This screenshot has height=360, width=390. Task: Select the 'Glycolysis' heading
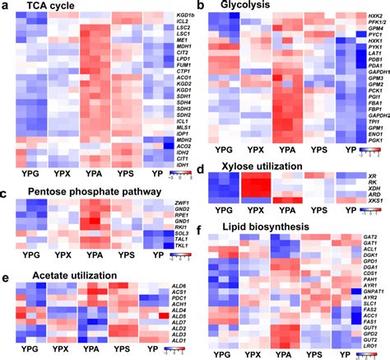pyautogui.click(x=239, y=7)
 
